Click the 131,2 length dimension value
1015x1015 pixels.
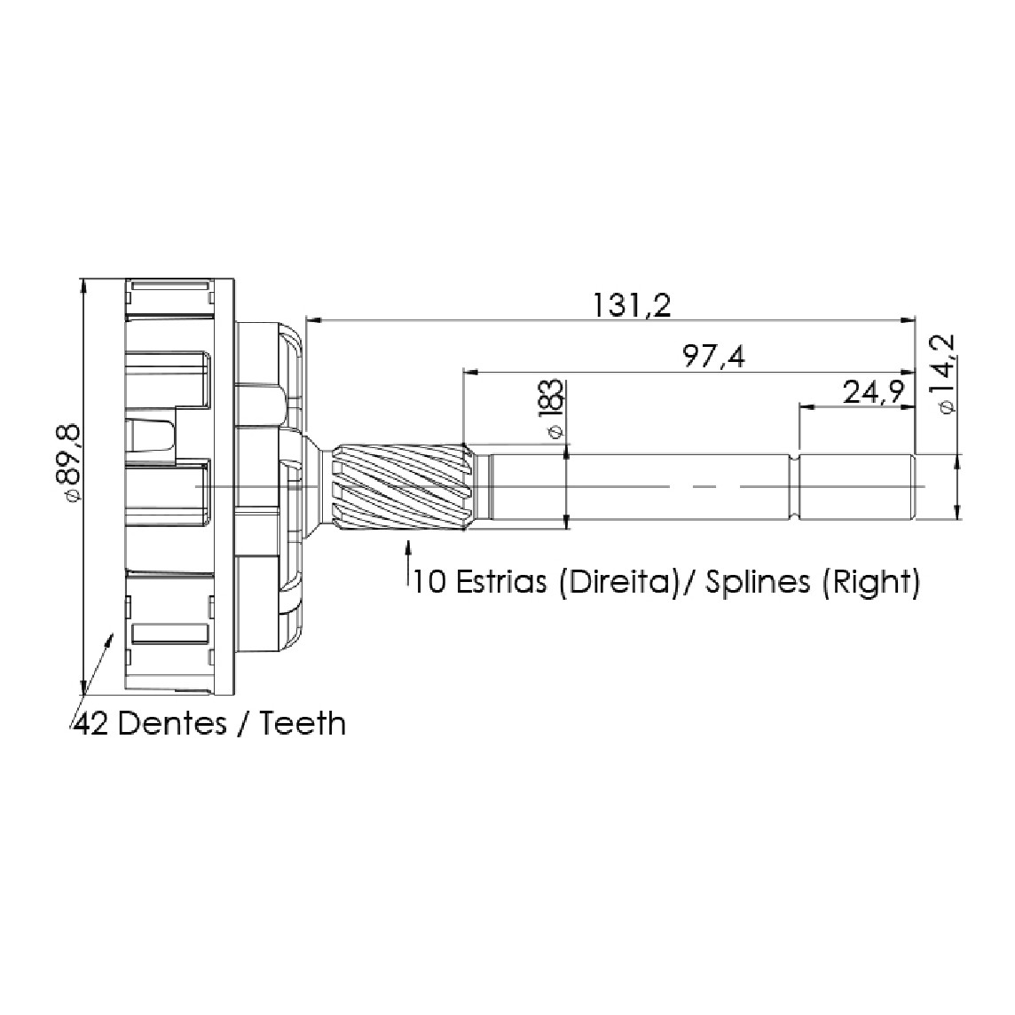(633, 305)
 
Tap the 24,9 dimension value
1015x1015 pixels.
(874, 391)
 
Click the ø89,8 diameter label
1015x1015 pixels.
(67, 462)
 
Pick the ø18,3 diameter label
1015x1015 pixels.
(553, 409)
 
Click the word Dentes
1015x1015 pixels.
(171, 724)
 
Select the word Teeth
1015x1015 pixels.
(303, 724)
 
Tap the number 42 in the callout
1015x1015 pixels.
(92, 724)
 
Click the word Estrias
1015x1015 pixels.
(501, 582)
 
